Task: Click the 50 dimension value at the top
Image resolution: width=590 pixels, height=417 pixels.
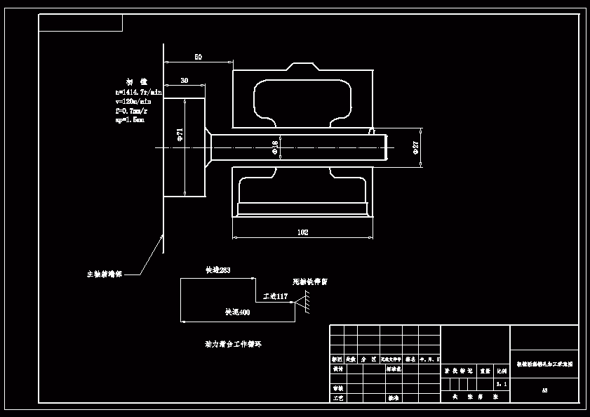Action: click(198, 57)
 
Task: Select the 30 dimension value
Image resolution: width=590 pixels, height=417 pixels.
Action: click(184, 81)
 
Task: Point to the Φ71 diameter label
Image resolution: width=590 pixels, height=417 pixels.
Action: click(180, 133)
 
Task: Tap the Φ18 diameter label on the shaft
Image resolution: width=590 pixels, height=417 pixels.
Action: click(275, 146)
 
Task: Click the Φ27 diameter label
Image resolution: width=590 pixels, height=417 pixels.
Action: click(415, 147)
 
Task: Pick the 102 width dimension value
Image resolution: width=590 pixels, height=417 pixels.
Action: click(302, 232)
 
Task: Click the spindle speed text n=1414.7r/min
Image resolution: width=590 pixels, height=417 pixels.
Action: click(139, 92)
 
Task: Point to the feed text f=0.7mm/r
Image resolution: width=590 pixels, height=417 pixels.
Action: click(131, 110)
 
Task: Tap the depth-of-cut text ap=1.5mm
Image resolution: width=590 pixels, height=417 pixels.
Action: click(130, 119)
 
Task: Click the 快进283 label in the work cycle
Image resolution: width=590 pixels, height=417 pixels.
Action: click(217, 270)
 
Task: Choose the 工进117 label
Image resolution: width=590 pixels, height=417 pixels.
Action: click(275, 297)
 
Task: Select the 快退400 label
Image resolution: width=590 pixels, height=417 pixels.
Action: click(237, 312)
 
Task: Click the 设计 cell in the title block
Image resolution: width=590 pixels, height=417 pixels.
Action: click(337, 368)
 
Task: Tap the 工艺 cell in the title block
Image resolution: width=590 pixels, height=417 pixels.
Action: click(337, 397)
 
